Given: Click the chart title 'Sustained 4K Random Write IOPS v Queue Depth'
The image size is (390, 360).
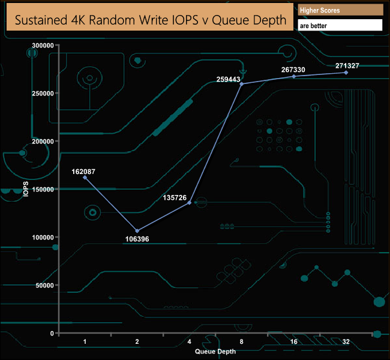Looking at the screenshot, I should pos(150,20).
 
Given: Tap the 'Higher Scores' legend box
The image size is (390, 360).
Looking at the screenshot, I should pos(340,10).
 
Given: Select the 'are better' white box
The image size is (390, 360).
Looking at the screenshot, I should pos(340,26).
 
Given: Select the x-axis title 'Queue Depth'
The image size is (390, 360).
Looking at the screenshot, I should pos(215,352).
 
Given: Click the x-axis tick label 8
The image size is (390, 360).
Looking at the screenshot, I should pos(242,342).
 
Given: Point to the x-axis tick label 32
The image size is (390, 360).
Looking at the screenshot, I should pos(346,342).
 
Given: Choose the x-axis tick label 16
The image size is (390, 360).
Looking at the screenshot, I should pos(294,342).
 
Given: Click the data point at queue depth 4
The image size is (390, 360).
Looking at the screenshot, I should pos(190,203).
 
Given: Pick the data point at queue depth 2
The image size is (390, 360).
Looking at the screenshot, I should pos(137,231).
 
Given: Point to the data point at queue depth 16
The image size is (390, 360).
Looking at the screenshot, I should pos(294,76).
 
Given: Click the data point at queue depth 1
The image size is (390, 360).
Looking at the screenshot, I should pos(85,178).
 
